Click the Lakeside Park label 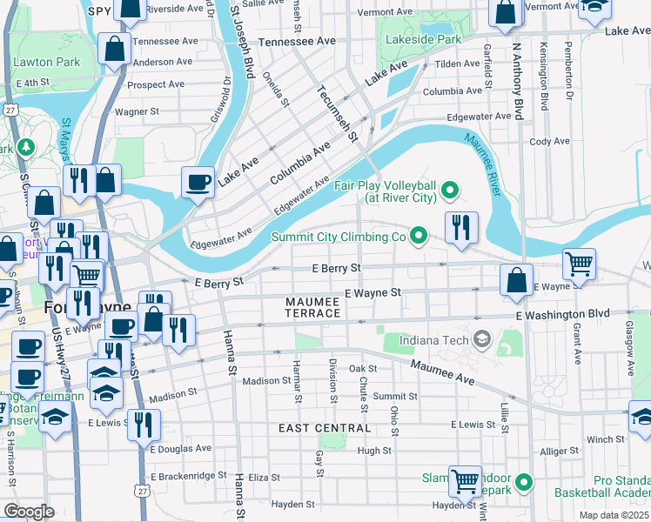(425, 39)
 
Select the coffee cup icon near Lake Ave (198, 183)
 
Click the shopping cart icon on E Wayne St (580, 263)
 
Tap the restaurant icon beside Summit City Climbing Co (461, 227)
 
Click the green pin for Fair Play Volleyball (450, 189)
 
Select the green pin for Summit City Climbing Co (419, 236)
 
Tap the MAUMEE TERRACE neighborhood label (313, 307)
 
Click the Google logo (29, 512)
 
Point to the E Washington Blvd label (562, 314)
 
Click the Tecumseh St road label (338, 113)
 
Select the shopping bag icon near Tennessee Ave (114, 50)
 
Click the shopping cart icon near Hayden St (465, 481)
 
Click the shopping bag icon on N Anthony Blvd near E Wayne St (516, 281)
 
